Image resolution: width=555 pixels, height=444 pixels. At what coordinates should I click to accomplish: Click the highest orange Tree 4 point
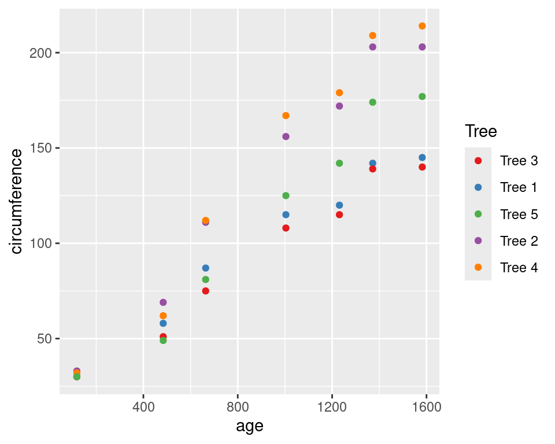(422, 26)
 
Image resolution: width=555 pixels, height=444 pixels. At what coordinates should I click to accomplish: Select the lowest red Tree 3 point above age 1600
(422, 167)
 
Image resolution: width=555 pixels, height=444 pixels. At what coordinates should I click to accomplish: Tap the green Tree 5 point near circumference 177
(422, 97)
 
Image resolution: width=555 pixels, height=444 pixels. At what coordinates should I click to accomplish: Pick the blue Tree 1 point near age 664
(205, 268)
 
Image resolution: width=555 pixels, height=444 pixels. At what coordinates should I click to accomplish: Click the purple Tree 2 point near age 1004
(286, 136)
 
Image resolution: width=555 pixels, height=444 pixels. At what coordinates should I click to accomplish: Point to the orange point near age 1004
(286, 116)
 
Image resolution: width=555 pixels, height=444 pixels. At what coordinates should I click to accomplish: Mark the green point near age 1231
(339, 163)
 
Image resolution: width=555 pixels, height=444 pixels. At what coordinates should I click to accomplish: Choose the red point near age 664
(205, 291)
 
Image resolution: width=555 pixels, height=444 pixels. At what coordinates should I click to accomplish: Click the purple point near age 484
(163, 302)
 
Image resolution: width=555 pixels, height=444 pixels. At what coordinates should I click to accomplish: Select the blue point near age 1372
(372, 164)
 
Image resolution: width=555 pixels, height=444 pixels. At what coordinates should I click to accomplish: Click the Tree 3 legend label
(519, 161)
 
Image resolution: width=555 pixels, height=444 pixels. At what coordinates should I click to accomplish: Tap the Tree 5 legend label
(519, 214)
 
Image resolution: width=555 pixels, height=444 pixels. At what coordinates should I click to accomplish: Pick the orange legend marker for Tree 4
(478, 267)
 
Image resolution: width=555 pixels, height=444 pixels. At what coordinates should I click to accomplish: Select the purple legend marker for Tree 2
(478, 240)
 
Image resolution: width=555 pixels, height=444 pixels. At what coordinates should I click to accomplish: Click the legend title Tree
(481, 132)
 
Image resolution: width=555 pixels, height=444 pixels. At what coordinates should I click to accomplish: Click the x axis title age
(250, 427)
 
